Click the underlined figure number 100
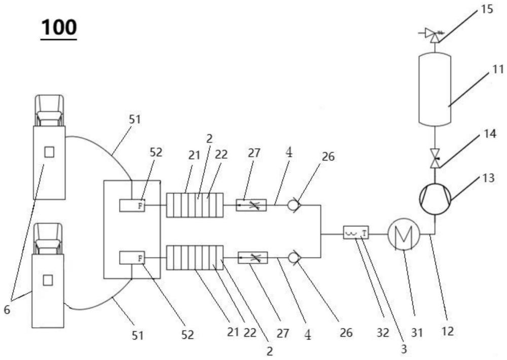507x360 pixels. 59,27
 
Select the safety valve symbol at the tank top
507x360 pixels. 434,35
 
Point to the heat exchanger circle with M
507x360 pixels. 403,234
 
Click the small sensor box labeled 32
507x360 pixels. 357,234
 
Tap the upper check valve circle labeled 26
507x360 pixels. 293,205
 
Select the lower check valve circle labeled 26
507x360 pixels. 293,258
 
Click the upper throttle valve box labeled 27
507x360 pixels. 252,205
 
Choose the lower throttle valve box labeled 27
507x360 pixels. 252,258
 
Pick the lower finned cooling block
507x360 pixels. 195,258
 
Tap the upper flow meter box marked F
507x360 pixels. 132,205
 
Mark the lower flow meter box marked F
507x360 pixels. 132,258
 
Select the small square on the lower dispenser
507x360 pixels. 48,279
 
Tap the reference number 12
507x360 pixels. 447,333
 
